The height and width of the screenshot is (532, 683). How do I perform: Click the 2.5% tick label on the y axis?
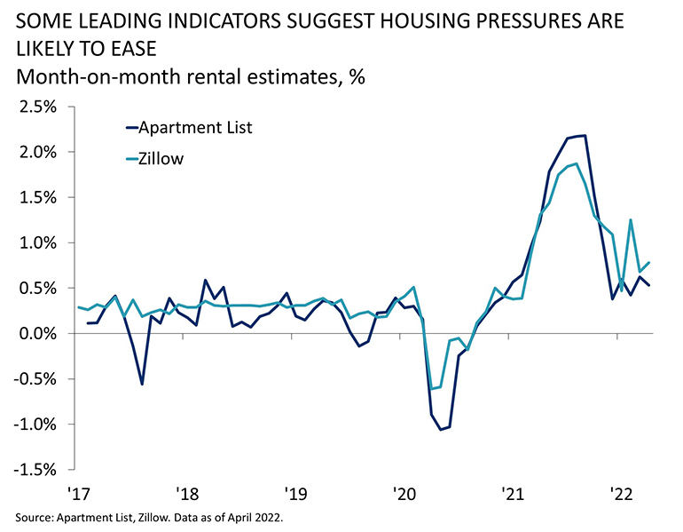coord(36,107)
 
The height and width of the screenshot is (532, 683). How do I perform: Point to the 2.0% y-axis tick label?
coord(36,152)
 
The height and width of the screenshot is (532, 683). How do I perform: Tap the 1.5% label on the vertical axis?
coord(36,197)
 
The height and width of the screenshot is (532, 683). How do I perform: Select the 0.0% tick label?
coord(36,333)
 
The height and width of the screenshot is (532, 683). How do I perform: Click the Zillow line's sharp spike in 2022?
coord(631,220)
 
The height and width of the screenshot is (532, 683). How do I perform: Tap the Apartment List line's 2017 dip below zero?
coord(142,384)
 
